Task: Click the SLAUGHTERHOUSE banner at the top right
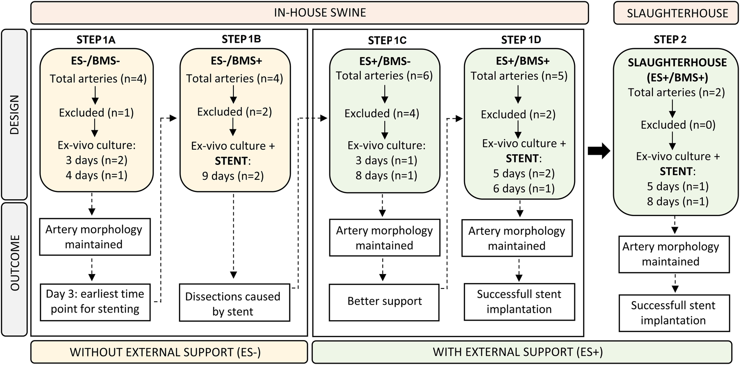point(677,13)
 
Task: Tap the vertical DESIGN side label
point(15,115)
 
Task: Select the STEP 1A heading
point(96,40)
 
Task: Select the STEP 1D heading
point(521,40)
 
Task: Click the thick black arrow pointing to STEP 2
point(599,151)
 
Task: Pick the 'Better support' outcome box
point(384,302)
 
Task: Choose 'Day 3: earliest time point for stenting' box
point(95,302)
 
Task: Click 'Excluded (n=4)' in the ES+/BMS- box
point(382,113)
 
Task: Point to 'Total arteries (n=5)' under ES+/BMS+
point(519,76)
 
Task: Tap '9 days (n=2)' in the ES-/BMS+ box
point(233,176)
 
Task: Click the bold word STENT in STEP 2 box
point(676,171)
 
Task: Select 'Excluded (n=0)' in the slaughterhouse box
point(678,125)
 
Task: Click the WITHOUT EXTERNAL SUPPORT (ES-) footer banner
point(169,352)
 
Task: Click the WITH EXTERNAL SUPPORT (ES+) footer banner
point(521,352)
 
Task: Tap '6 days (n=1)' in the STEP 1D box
point(523,188)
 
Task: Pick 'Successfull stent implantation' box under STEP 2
point(674,313)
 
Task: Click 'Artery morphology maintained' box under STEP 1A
point(95,237)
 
